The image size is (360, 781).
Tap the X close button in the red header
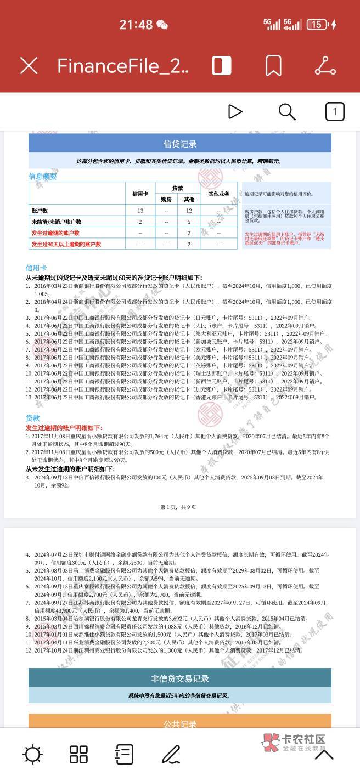29,66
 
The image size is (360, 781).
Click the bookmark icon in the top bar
273,66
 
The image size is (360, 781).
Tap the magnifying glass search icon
287,112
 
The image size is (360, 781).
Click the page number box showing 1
335,112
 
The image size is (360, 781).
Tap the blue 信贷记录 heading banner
180,144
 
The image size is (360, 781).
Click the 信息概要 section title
43,176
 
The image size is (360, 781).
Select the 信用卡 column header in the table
140,194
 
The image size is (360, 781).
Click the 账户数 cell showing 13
140,211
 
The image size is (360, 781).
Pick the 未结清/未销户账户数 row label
57,222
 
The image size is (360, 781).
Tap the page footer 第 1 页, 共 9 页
178,507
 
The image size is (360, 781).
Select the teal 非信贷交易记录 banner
180,678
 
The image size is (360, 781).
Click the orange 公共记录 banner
180,723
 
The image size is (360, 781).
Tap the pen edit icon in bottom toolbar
171,755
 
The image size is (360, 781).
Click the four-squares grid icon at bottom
78,755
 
